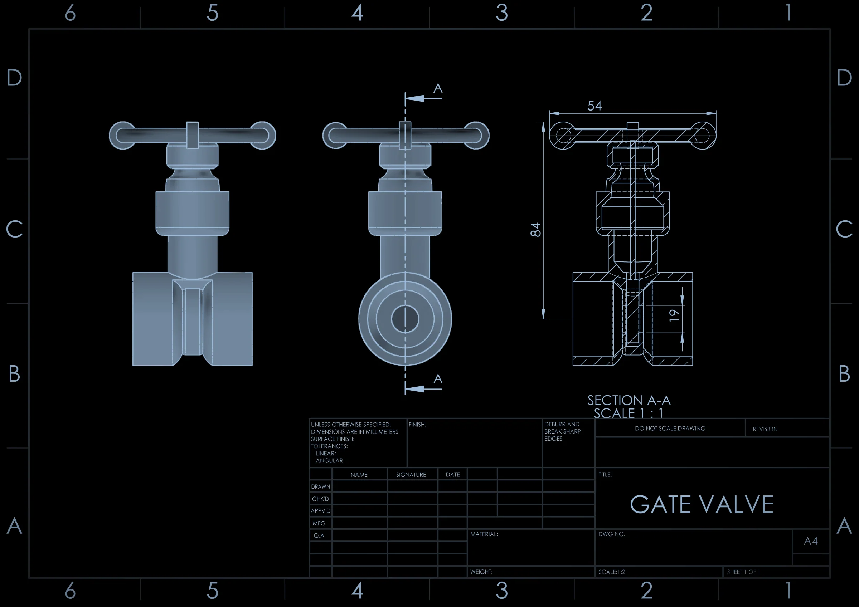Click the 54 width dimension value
pos(594,106)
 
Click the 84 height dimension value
pos(536,230)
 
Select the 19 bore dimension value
pos(674,315)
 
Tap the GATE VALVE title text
pos(702,505)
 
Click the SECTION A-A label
pos(629,401)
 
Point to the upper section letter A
pos(438,88)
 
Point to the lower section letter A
pos(438,379)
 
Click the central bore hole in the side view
pos(405,319)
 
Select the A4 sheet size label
pos(811,541)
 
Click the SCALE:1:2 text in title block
pos(612,572)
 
